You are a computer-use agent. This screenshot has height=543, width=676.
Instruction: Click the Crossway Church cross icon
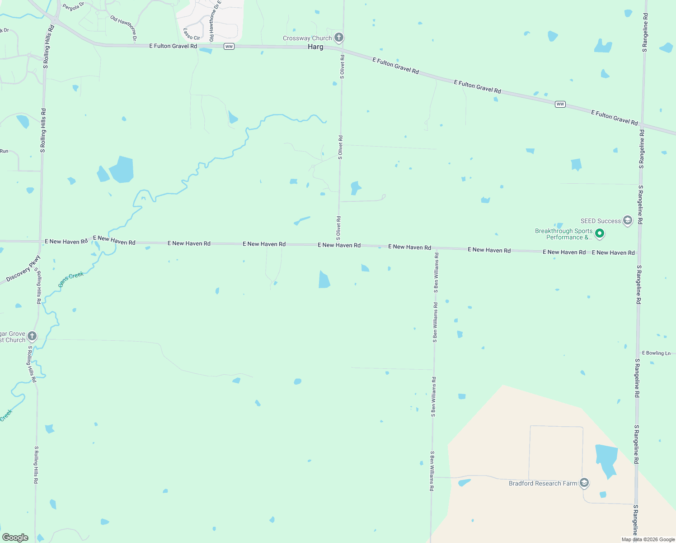click(x=339, y=38)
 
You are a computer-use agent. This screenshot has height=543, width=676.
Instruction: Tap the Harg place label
click(x=315, y=47)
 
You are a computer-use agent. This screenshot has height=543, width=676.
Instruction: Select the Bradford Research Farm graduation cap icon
click(x=584, y=483)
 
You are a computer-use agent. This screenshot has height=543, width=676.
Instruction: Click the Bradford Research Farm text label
click(x=543, y=484)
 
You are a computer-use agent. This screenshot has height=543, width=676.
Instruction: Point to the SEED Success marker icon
click(x=627, y=220)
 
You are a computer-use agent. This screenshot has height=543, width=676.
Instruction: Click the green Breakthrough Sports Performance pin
click(x=600, y=233)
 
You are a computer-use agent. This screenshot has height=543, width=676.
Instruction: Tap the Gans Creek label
click(x=71, y=279)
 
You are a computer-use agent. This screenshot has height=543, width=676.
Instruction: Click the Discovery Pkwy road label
click(x=23, y=269)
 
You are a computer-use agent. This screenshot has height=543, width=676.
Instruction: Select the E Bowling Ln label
click(x=656, y=353)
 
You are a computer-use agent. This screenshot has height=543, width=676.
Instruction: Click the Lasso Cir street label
click(x=192, y=34)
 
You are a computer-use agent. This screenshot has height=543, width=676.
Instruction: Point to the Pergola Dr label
click(x=73, y=6)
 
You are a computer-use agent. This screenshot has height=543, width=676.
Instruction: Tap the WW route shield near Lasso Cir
click(x=229, y=47)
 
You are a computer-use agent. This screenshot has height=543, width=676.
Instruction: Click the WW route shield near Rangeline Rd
click(x=560, y=104)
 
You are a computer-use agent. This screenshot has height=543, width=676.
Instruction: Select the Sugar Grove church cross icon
click(x=32, y=336)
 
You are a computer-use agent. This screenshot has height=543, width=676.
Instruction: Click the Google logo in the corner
click(x=15, y=538)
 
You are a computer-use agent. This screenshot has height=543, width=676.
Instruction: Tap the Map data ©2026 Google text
click(x=648, y=539)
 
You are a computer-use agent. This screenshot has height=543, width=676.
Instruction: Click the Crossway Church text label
click(x=307, y=38)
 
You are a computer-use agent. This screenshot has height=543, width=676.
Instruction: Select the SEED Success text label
click(x=601, y=221)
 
